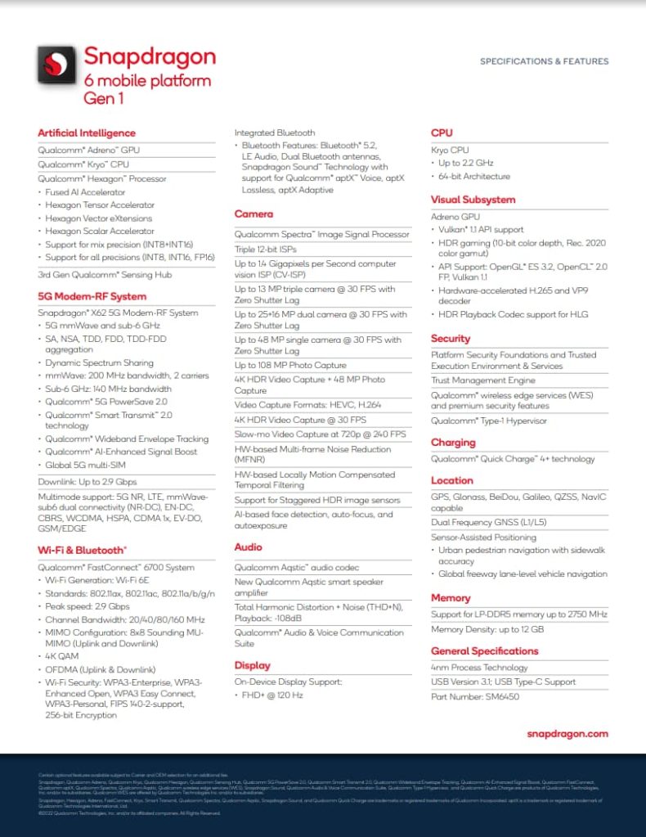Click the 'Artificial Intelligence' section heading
click(x=87, y=133)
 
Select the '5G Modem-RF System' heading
click(x=92, y=296)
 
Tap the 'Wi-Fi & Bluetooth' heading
click(x=82, y=550)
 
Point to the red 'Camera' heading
click(x=253, y=214)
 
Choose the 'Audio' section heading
click(x=249, y=547)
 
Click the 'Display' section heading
click(x=252, y=665)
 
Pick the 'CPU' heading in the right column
click(x=442, y=133)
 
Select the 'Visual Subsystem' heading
click(x=473, y=199)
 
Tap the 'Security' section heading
click(x=451, y=338)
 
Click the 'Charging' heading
click(x=453, y=442)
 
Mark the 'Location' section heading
click(x=452, y=480)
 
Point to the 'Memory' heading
click(x=451, y=598)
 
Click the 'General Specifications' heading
click(x=485, y=650)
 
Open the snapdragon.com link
click(x=567, y=734)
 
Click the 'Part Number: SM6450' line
click(x=475, y=696)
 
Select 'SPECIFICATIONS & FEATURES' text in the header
click(x=544, y=61)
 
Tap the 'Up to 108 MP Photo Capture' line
click(x=290, y=365)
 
